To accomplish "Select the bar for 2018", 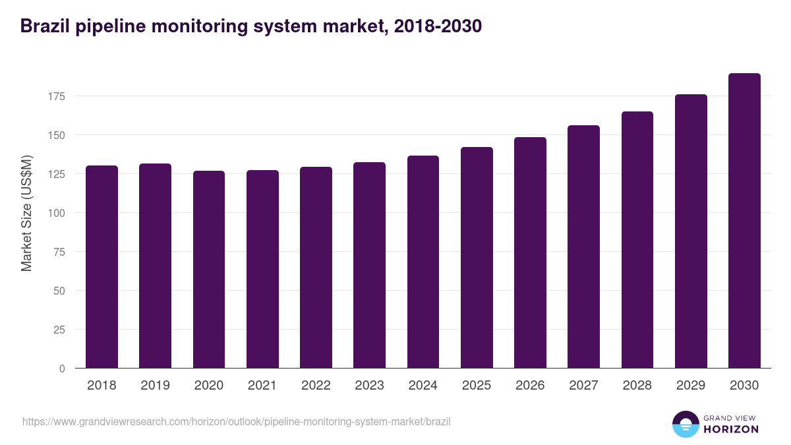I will (102, 267).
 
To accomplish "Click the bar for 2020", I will (209, 270).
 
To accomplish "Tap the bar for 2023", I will (369, 265).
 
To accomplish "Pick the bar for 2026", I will (530, 252).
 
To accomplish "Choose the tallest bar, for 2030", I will (744, 221).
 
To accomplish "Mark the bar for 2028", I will (637, 240).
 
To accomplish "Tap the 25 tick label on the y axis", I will (60, 330).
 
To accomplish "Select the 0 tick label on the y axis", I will (63, 369).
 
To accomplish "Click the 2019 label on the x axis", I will (155, 386).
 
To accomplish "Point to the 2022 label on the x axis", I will (316, 386).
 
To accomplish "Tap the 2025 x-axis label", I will (477, 386).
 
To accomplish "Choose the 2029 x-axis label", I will (691, 386).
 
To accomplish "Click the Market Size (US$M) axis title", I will (26, 213).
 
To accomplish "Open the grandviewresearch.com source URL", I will (237, 421).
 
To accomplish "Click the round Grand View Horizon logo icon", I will (685, 424).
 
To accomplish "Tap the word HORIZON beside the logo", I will (731, 429).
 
